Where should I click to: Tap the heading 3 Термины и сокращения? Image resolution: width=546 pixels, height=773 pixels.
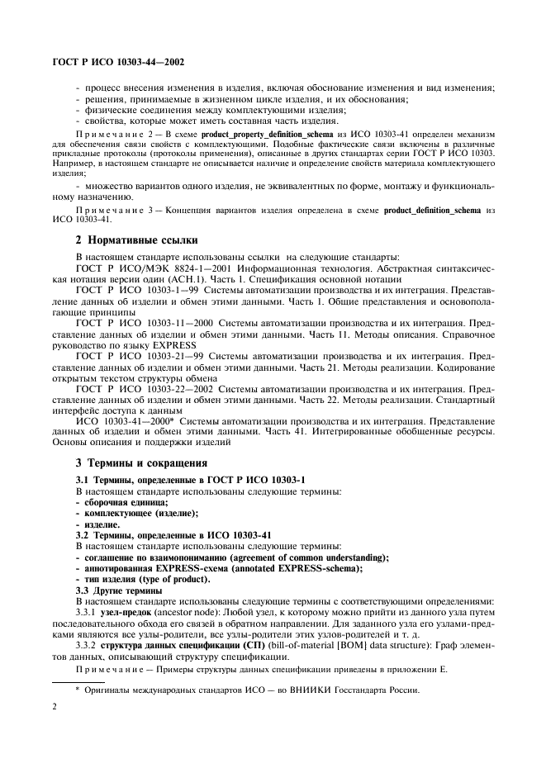141,462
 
